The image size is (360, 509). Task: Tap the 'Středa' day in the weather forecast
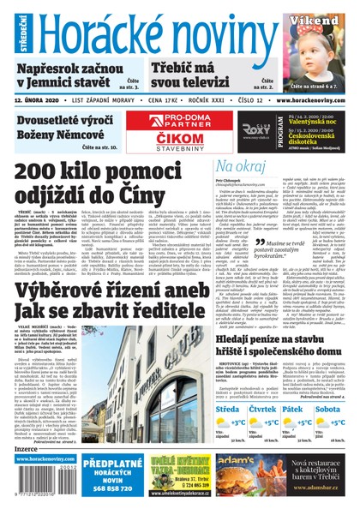(229, 410)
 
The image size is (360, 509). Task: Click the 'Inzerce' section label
(27, 448)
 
